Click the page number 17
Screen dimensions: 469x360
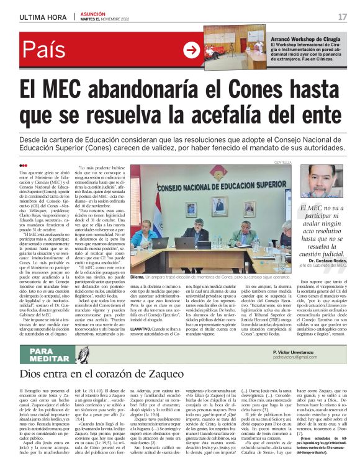(342, 17)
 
